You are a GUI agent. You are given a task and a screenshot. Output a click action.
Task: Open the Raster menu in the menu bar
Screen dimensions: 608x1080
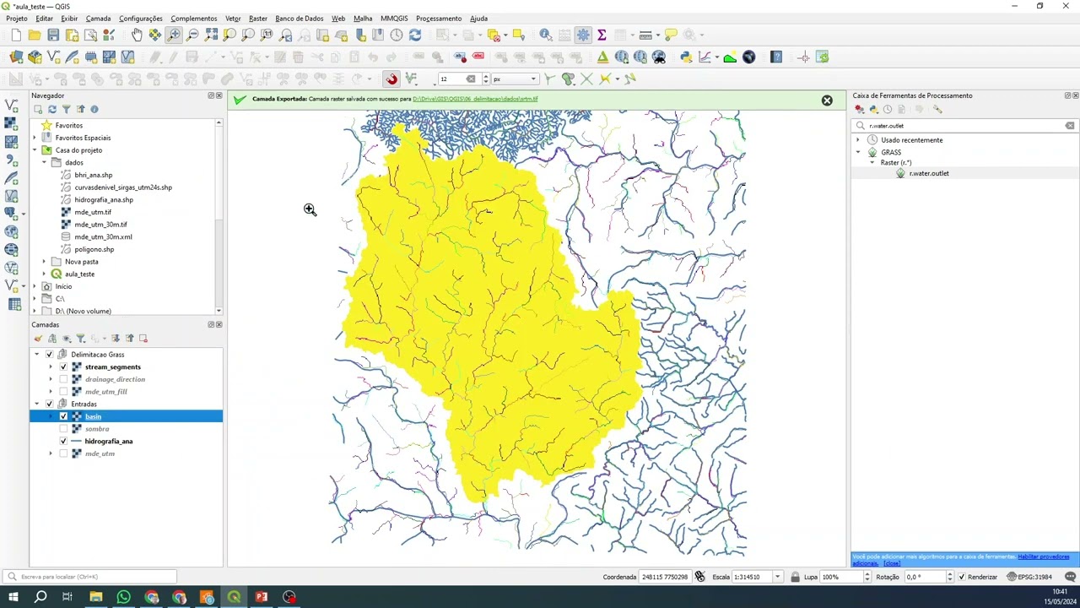258,18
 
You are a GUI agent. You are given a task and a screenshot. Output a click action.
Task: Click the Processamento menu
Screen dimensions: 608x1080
438,18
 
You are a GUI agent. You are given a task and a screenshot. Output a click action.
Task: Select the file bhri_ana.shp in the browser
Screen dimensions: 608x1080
93,175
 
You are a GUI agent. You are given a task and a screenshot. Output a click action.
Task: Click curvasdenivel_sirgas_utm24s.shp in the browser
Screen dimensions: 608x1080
122,187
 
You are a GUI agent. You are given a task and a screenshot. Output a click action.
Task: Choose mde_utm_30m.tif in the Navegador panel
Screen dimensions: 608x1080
100,225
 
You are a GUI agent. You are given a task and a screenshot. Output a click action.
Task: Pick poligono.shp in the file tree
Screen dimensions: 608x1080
94,249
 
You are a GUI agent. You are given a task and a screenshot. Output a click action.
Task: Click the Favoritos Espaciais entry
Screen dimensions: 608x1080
83,138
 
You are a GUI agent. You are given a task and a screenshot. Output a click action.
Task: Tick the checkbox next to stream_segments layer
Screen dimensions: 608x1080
63,367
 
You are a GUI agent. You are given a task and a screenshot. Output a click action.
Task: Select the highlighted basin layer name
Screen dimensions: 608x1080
93,416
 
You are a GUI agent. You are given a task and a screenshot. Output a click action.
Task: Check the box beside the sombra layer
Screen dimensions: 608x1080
63,429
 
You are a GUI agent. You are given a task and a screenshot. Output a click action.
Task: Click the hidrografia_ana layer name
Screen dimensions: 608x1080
108,442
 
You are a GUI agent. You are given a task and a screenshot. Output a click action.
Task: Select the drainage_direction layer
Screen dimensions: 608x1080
115,379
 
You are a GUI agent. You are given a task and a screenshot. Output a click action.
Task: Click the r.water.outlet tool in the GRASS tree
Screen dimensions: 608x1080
928,173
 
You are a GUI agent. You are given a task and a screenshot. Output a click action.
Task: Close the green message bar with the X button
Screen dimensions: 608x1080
827,100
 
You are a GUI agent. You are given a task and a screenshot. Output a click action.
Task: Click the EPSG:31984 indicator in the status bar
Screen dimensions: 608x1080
1034,577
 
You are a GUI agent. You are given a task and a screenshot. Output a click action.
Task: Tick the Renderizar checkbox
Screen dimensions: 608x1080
962,577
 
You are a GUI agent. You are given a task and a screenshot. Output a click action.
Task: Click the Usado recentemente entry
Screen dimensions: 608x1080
911,140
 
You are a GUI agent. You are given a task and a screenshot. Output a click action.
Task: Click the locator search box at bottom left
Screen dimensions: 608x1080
93,577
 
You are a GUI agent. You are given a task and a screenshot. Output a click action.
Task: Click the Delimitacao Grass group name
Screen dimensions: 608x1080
97,355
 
